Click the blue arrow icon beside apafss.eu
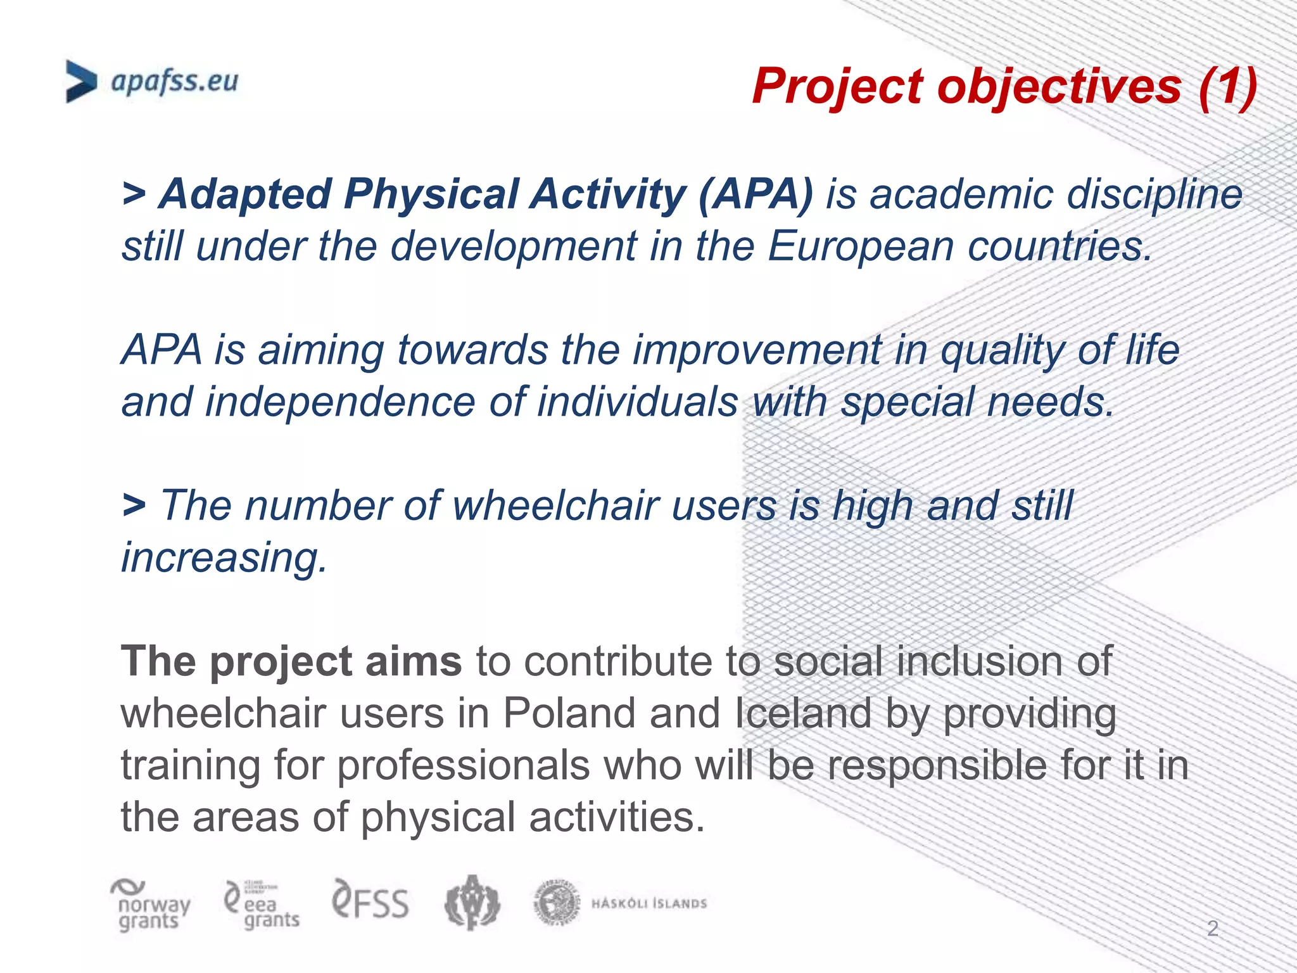point(81,82)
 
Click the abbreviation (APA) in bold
point(755,194)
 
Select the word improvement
point(757,350)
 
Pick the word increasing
point(224,558)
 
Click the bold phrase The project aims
point(291,662)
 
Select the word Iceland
point(803,714)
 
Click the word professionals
point(463,766)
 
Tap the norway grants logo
point(150,906)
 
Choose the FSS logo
point(370,901)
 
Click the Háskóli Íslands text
point(648,903)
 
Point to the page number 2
point(1212,929)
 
